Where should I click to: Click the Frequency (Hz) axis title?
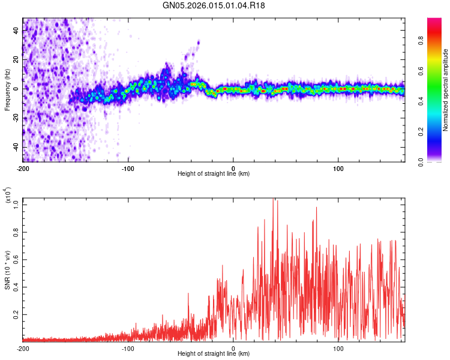click(x=7, y=89)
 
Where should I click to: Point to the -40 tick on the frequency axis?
click(x=14, y=147)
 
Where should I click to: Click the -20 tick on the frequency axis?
click(x=14, y=118)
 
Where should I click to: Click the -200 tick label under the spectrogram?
click(x=22, y=167)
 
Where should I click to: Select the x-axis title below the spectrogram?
click(x=214, y=174)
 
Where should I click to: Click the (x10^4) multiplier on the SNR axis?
click(x=8, y=196)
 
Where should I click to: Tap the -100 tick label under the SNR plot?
click(x=128, y=348)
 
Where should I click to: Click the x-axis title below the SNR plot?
click(x=214, y=354)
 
